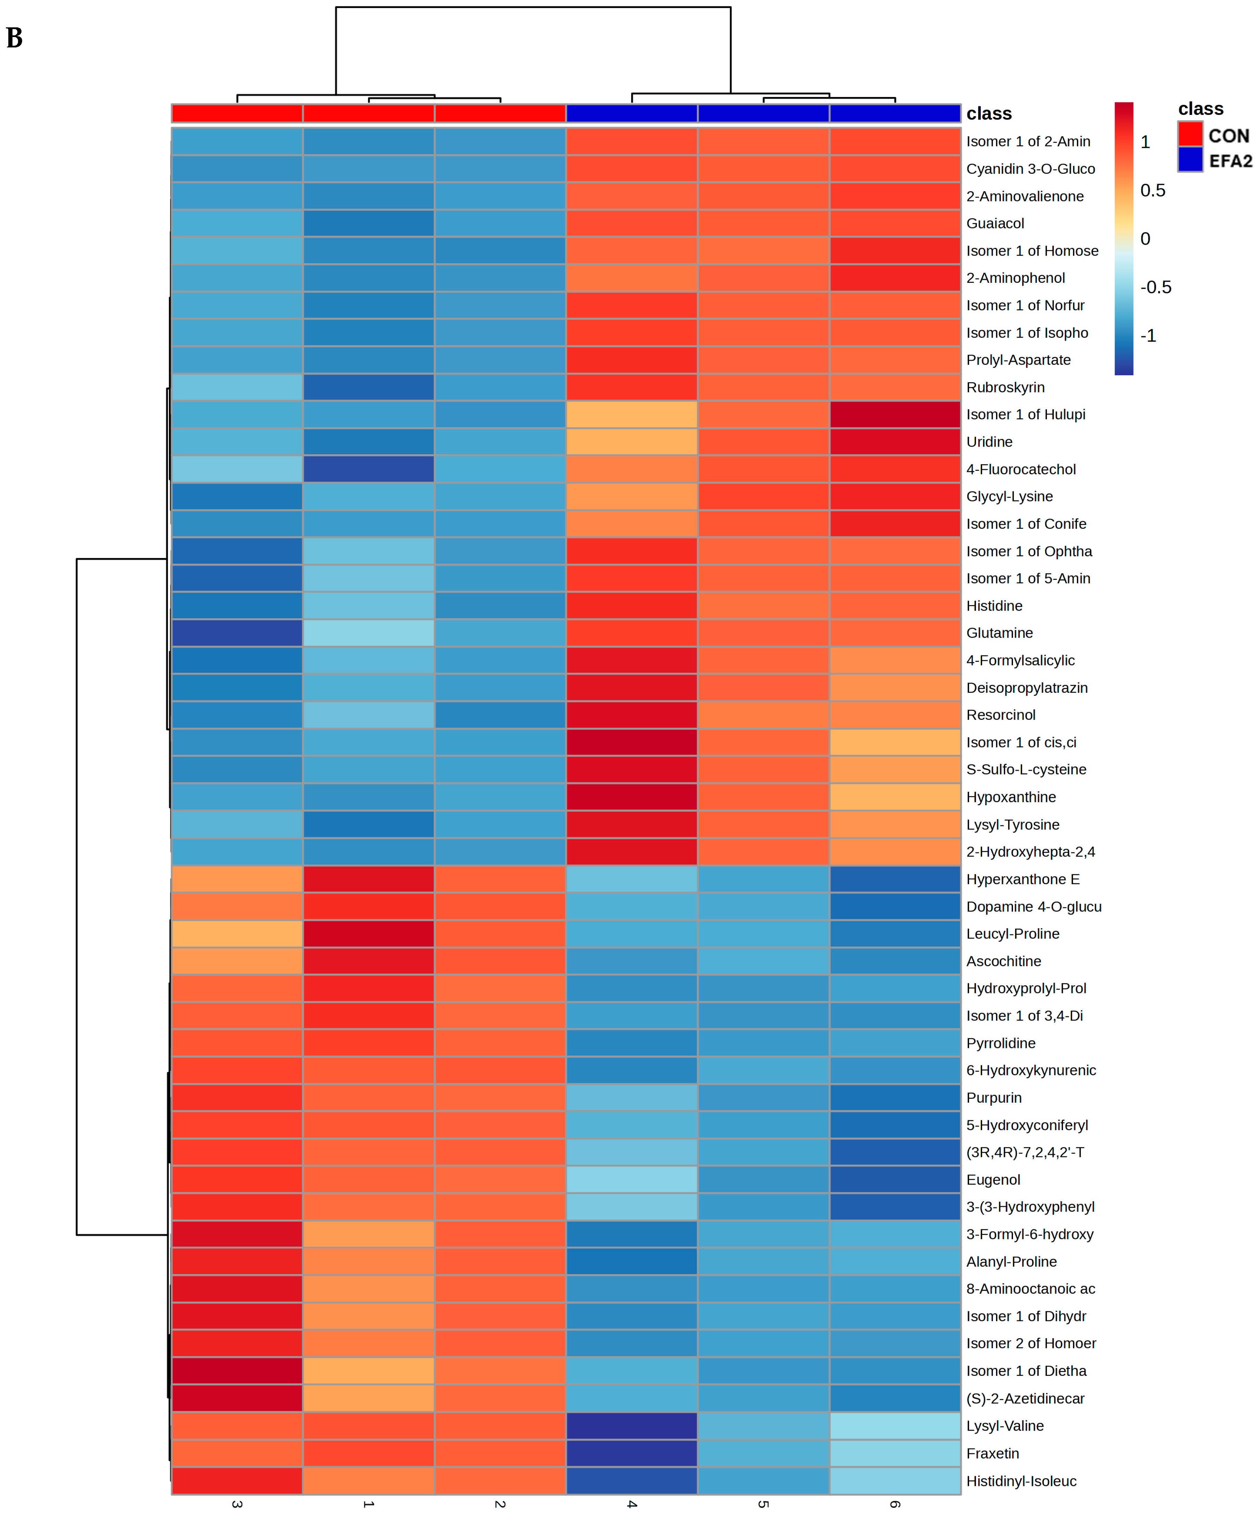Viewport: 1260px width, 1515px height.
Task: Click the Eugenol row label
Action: tap(993, 1180)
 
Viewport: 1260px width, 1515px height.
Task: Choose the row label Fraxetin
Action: tap(992, 1453)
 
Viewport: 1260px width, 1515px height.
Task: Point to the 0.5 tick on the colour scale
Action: tap(1153, 190)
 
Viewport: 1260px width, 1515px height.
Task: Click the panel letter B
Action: tap(15, 37)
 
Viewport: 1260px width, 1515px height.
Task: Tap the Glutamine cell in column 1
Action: tap(369, 633)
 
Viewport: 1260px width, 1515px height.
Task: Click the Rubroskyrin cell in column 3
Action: tap(237, 387)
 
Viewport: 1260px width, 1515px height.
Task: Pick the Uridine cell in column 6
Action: tap(895, 441)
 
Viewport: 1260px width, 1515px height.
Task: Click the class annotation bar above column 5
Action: tap(763, 113)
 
